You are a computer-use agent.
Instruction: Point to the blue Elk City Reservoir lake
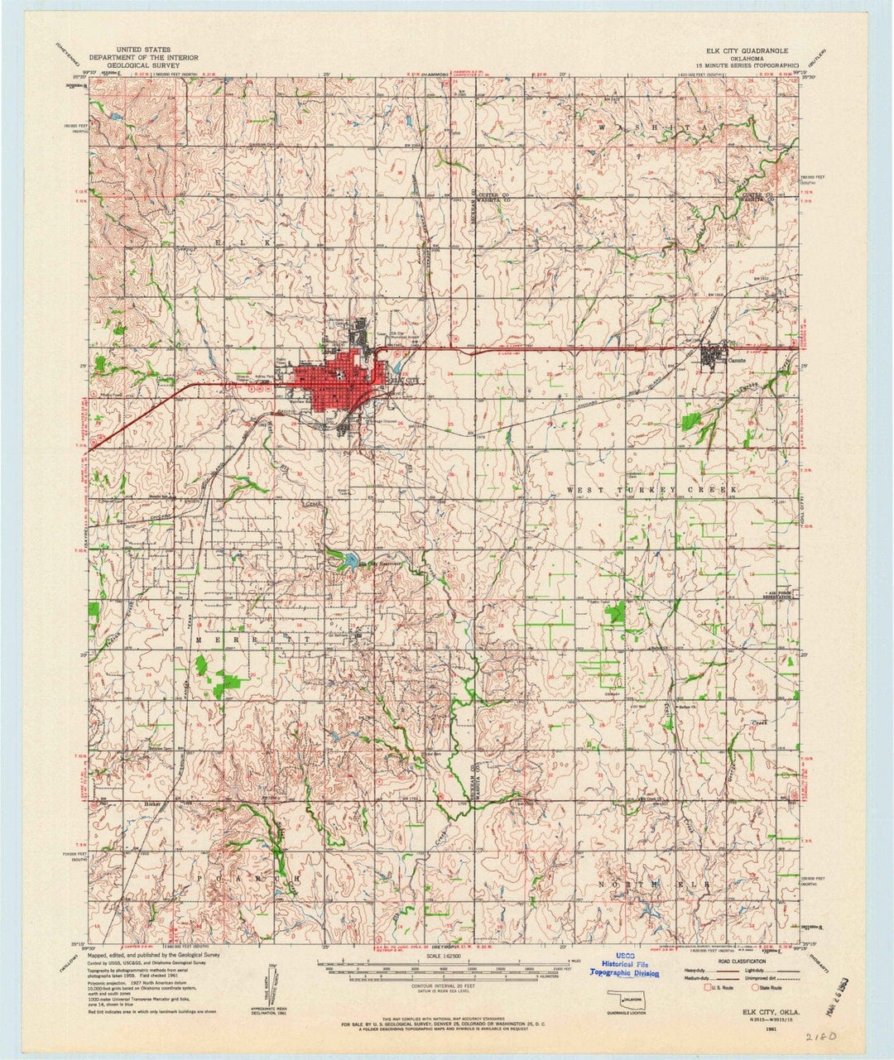pyautogui.click(x=348, y=560)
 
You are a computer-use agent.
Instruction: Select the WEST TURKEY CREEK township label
pyautogui.click(x=651, y=491)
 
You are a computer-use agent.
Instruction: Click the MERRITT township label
pyautogui.click(x=254, y=640)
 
